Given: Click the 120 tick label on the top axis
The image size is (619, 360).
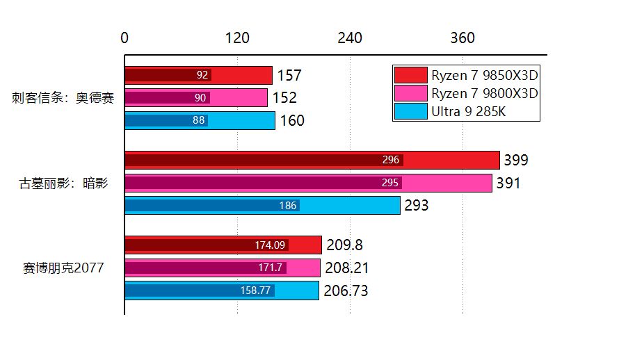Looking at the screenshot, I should (238, 38).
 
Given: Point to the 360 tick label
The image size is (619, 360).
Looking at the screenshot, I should (463, 38).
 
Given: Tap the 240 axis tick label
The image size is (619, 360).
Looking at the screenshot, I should (350, 38).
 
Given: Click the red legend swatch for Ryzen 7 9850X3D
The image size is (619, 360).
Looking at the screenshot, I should (410, 75).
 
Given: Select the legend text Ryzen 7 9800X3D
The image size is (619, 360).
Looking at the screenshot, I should (485, 93).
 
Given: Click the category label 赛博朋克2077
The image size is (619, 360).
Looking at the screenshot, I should (63, 268).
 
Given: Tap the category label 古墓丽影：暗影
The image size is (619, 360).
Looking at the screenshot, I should (63, 183).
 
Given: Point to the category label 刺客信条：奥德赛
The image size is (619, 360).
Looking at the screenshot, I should (63, 98).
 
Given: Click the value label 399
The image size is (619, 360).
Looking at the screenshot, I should (516, 161).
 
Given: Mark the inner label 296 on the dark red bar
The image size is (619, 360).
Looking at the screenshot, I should (391, 161).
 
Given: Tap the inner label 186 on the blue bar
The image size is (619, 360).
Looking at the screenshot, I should (288, 206).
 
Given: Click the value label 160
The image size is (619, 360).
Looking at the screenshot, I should (292, 122).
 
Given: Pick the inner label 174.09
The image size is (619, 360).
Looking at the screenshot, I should (271, 245).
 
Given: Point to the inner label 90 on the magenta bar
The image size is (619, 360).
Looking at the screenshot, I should (200, 98).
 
